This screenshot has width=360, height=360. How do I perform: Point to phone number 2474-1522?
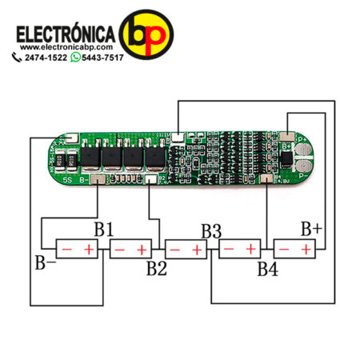46,60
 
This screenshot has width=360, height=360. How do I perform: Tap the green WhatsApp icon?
76,60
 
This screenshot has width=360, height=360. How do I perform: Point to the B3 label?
211,231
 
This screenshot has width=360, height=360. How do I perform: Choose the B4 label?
267,269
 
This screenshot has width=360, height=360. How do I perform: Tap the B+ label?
311,229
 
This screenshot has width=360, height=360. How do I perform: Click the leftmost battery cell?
77,250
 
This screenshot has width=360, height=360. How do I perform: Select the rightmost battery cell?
296,250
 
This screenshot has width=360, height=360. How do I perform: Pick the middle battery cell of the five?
186,250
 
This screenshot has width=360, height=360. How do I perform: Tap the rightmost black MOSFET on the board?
152,157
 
